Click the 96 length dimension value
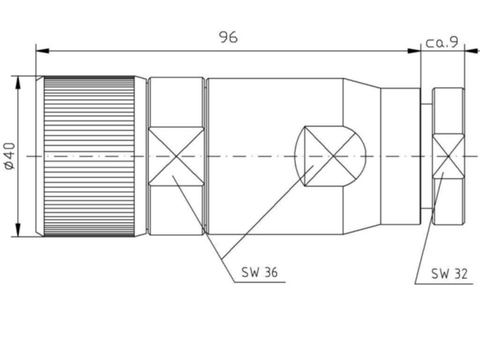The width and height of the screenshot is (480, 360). (x=229, y=37)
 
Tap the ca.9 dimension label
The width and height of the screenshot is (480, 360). (x=442, y=43)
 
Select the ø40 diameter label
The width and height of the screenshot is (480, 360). (x=10, y=156)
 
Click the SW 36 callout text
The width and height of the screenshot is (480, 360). (x=260, y=272)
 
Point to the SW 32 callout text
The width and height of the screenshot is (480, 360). (x=449, y=273)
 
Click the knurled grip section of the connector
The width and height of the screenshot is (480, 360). (x=89, y=156)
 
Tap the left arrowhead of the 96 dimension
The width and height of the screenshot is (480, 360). (x=43, y=51)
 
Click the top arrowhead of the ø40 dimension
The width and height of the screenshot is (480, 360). (x=18, y=82)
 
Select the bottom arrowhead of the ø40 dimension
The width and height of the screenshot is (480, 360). (x=18, y=229)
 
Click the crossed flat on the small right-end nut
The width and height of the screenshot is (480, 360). (x=448, y=157)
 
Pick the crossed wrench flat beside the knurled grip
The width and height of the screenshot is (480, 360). (x=176, y=156)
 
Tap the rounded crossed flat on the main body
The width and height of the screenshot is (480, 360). (x=330, y=156)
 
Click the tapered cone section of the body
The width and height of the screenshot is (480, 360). (x=362, y=156)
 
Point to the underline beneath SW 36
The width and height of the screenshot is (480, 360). (x=260, y=282)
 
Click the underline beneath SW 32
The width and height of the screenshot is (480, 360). (x=444, y=284)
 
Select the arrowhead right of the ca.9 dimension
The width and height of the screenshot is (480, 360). (x=472, y=51)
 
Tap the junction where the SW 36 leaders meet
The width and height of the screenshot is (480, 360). (x=222, y=258)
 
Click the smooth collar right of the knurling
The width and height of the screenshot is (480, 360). (x=141, y=156)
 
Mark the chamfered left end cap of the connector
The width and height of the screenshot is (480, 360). (x=40, y=156)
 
